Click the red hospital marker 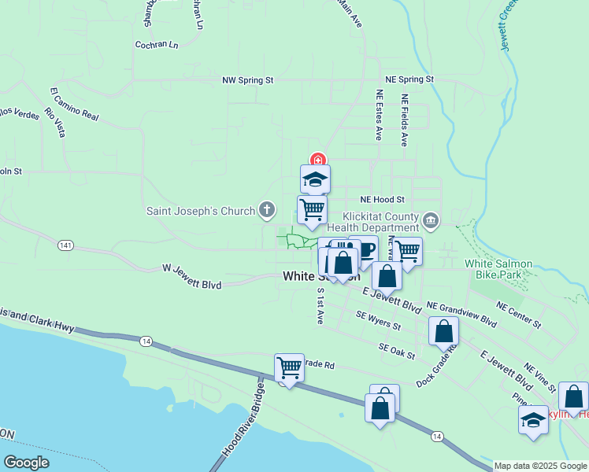click(x=317, y=160)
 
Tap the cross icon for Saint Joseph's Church click(x=267, y=210)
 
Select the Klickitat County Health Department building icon click(x=430, y=219)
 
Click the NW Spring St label click(x=247, y=80)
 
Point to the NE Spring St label click(x=409, y=79)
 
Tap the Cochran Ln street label click(x=156, y=45)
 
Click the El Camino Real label click(x=75, y=104)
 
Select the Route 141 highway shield click(x=65, y=246)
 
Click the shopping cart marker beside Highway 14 click(x=289, y=368)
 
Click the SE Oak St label click(x=396, y=351)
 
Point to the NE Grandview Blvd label click(x=461, y=314)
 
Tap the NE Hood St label click(x=382, y=200)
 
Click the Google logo click(x=26, y=463)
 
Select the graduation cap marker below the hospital click(x=315, y=179)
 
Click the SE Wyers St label click(x=378, y=321)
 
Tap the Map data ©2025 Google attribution click(x=540, y=466)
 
